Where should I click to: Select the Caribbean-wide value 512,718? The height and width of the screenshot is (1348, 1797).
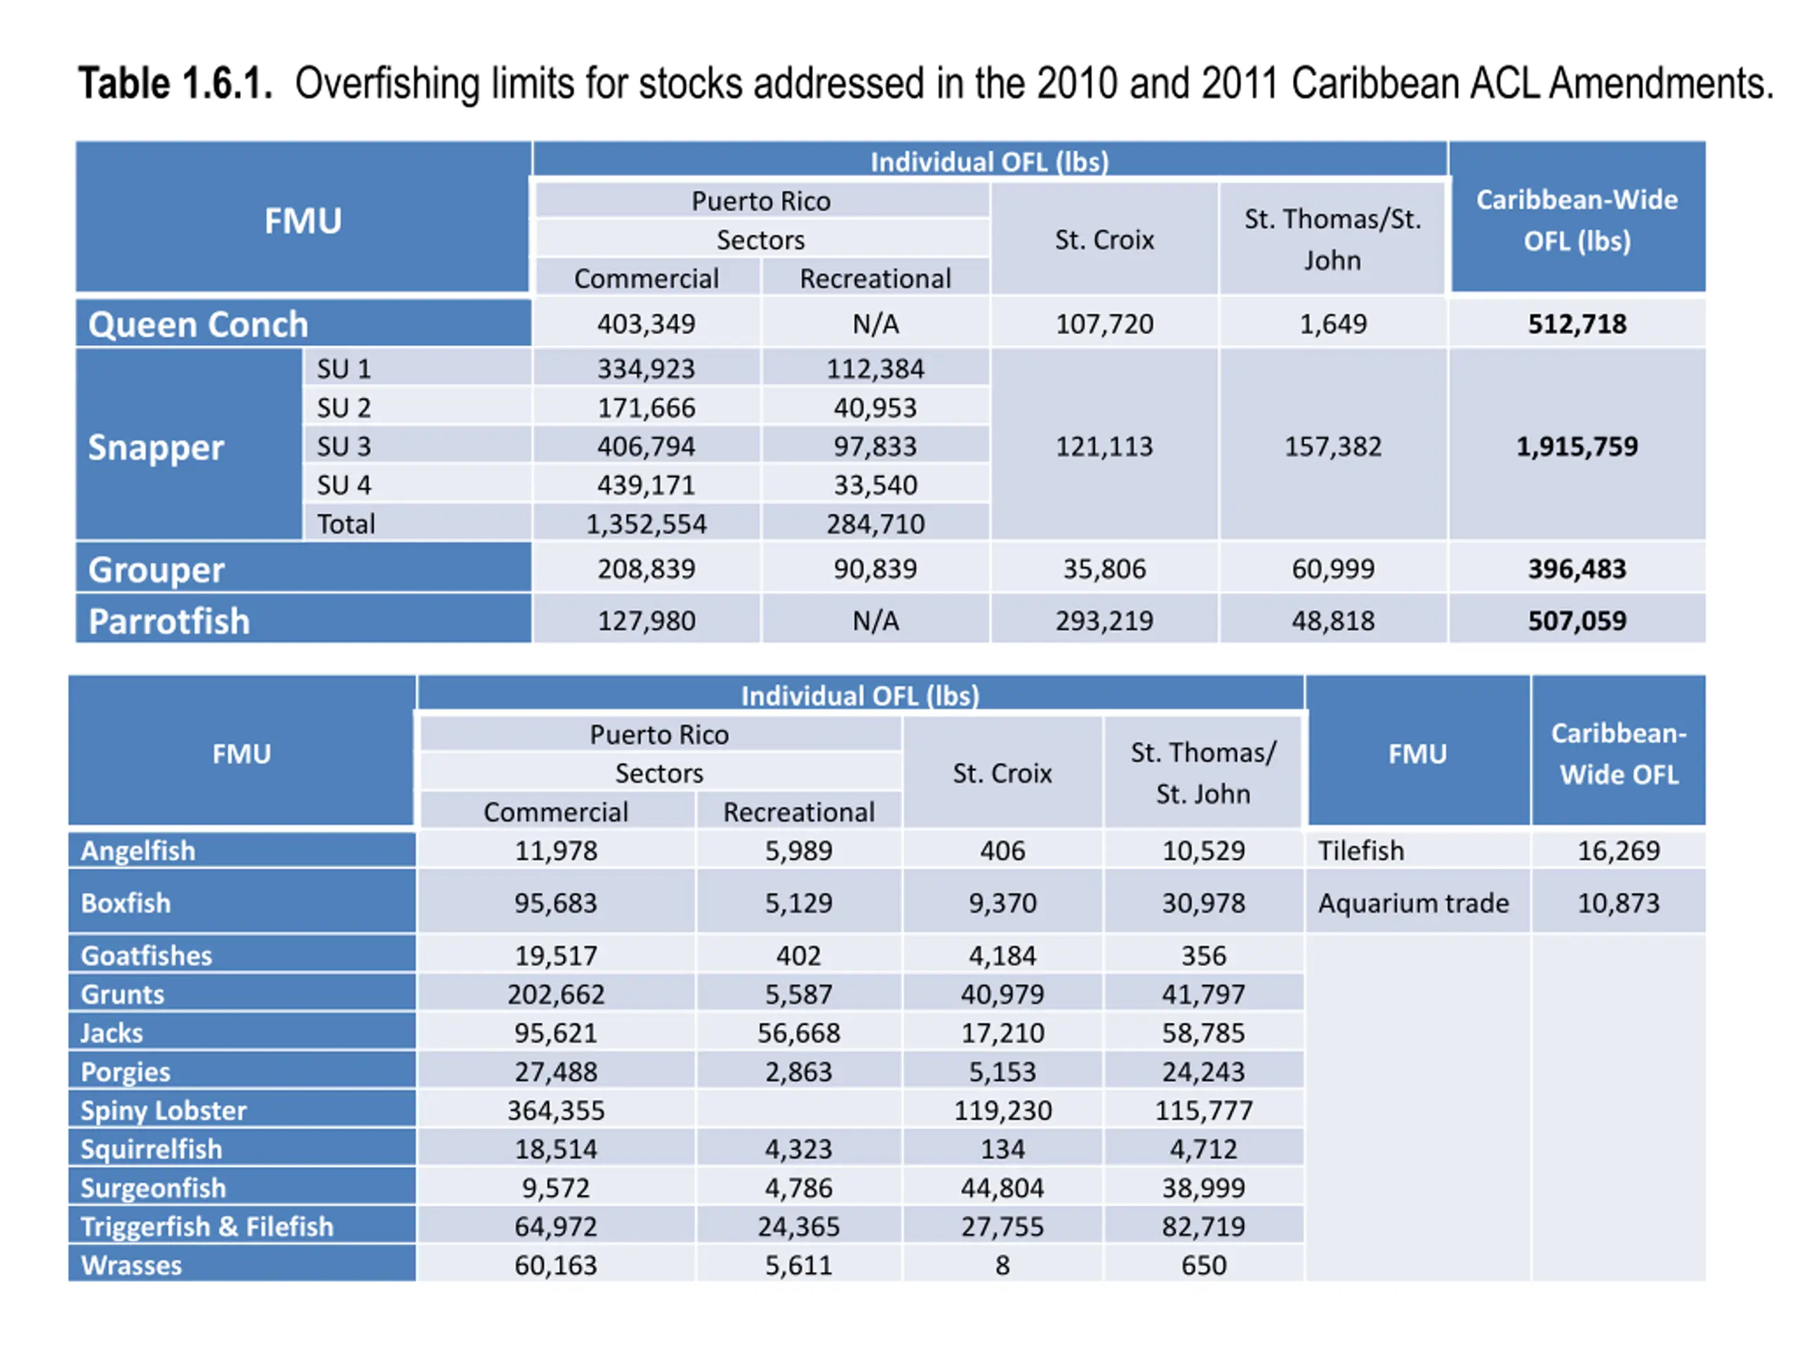pos(1576,324)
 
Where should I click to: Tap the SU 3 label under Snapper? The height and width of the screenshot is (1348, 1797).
pos(344,446)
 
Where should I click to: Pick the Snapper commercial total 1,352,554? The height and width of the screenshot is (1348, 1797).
pos(646,524)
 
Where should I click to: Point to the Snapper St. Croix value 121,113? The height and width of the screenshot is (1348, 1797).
pos(1103,446)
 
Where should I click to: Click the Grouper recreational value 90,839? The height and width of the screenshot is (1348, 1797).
pos(875,569)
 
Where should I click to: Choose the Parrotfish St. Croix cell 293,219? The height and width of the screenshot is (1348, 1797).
pos(1103,621)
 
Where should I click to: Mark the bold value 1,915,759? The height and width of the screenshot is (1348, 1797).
pos(1576,446)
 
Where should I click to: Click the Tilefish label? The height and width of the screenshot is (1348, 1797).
pos(1361,851)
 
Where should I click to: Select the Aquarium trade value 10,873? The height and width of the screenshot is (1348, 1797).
pos(1617,903)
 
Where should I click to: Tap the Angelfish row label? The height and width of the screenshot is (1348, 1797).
pos(138,851)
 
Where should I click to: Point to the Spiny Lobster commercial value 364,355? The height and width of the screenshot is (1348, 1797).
pos(556,1110)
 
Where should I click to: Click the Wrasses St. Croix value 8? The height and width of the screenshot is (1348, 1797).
pos(1002,1265)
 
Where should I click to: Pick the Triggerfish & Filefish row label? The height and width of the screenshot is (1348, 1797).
pos(207,1226)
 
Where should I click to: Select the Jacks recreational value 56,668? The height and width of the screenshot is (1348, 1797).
pos(799,1033)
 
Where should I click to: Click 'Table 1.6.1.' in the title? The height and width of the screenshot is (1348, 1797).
pos(175,84)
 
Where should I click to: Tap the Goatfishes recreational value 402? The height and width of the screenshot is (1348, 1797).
pos(799,956)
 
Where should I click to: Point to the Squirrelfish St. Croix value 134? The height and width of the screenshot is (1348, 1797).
pos(1002,1149)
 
